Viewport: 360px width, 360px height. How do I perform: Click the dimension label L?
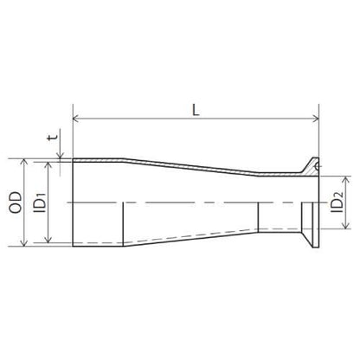pyautogui.click(x=196, y=110)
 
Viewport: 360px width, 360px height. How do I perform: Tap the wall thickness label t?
pyautogui.click(x=53, y=138)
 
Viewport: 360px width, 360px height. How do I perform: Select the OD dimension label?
pyautogui.click(x=16, y=202)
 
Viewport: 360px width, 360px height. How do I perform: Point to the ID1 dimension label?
pyautogui.click(x=40, y=202)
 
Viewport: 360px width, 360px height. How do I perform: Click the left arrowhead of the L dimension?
pyautogui.click(x=75, y=119)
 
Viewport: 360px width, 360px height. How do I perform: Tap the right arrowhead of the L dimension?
pyautogui.click(x=316, y=119)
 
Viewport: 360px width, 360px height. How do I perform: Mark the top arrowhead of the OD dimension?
pyautogui.click(x=24, y=161)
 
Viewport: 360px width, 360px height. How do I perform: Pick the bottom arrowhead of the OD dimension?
pyautogui.click(x=24, y=243)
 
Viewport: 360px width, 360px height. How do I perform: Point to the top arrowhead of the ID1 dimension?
pyautogui.click(x=48, y=164)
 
